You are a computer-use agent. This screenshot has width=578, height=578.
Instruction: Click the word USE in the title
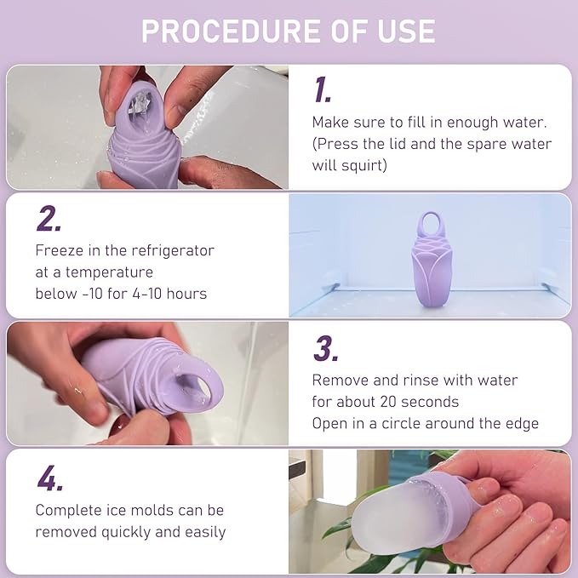point(406,31)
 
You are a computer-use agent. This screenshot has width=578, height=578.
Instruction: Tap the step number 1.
point(322,90)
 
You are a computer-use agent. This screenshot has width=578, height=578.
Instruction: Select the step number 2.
point(49,219)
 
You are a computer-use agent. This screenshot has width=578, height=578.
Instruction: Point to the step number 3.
point(324,348)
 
